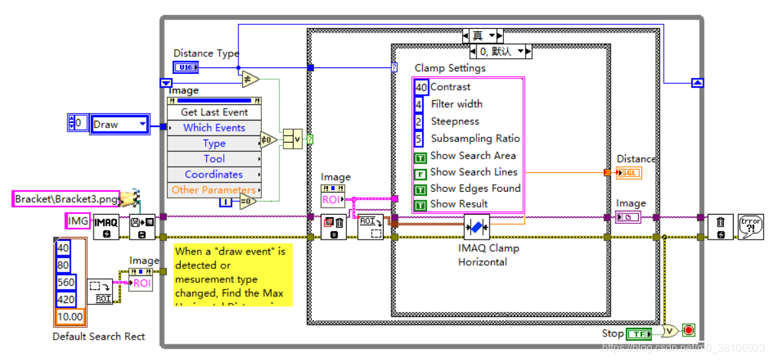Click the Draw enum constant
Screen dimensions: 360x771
click(119, 124)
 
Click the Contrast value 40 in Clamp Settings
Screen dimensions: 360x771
click(421, 87)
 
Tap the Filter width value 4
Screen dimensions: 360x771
click(419, 104)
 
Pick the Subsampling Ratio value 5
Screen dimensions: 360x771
click(419, 139)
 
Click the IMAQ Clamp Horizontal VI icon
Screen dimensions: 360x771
click(476, 227)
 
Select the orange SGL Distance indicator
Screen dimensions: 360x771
click(629, 173)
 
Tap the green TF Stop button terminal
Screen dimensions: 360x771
click(639, 334)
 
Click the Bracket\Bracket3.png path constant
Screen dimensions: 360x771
click(67, 198)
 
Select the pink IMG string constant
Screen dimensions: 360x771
click(78, 221)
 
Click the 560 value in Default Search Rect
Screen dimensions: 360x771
click(65, 283)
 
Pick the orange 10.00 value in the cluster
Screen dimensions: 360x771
click(69, 317)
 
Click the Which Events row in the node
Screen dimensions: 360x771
click(214, 128)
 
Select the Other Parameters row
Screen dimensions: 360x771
click(214, 190)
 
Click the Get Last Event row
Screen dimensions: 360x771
click(214, 112)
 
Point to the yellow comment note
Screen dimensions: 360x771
click(233, 274)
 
